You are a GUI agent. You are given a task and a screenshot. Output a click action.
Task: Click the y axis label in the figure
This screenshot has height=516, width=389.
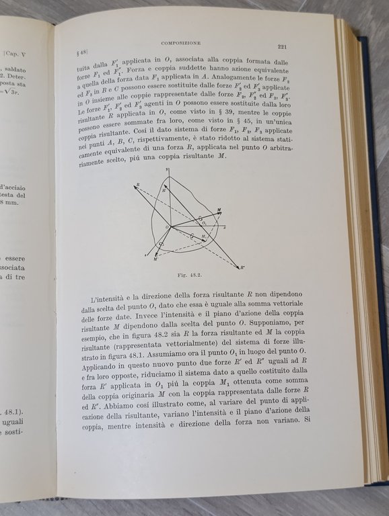click(x=169, y=172)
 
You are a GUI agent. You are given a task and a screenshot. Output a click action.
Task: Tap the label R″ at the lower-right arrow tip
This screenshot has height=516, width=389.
click(x=242, y=267)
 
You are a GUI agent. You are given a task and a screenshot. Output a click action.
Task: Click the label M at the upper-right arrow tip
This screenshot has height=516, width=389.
click(x=219, y=210)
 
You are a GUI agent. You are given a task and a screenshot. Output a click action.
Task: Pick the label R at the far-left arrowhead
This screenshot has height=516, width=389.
click(x=138, y=183)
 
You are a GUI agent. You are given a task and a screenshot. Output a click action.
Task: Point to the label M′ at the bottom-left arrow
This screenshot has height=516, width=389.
click(x=156, y=257)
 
